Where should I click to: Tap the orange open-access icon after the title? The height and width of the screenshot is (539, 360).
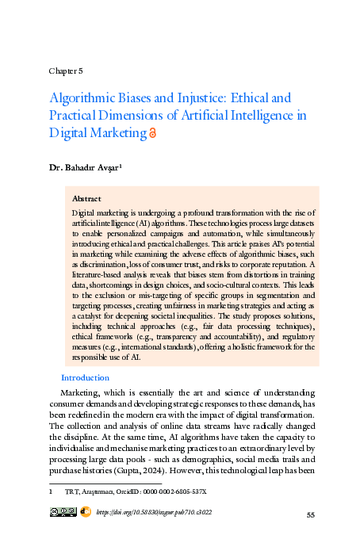coord(153,134)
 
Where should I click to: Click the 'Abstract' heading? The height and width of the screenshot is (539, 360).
coord(86,198)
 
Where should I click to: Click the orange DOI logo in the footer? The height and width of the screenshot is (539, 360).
coord(86,513)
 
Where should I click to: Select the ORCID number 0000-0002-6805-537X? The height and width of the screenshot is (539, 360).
coord(174,492)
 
